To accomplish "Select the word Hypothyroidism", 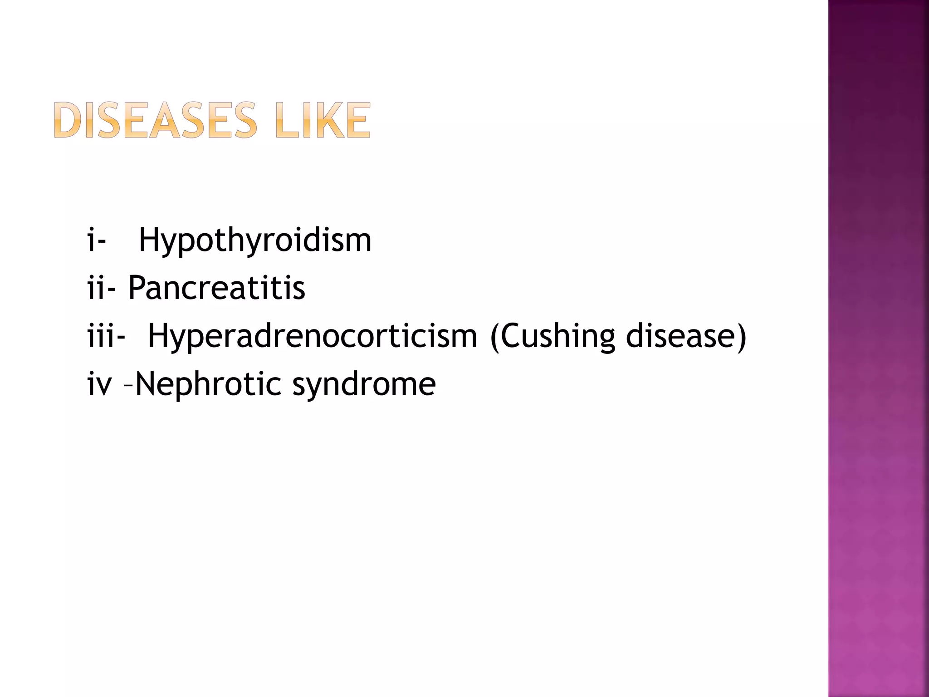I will (x=255, y=241).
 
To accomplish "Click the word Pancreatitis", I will (x=216, y=288).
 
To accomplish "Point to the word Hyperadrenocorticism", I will (x=313, y=337).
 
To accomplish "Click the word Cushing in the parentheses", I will (x=558, y=337).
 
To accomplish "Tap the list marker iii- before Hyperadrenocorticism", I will (x=106, y=336).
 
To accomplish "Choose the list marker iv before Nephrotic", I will (x=99, y=385).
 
